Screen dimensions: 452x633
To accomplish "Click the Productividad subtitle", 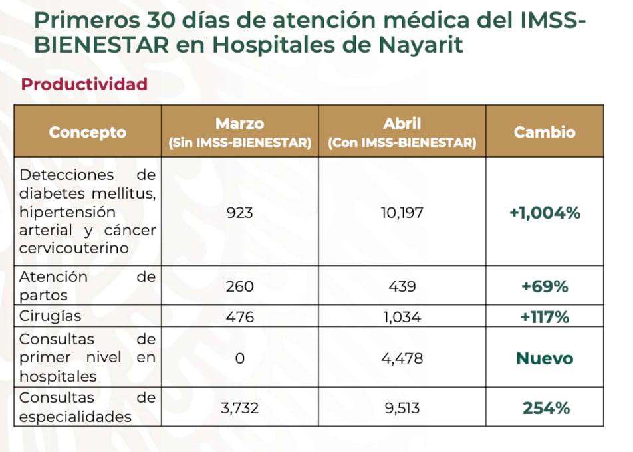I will tap(84, 85).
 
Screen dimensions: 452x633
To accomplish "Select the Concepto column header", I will tap(87, 132).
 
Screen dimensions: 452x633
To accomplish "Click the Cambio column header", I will tap(545, 132).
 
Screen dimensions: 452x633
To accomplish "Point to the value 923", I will tap(240, 213).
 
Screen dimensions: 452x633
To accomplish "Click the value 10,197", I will tap(402, 213).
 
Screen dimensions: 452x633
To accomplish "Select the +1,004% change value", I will tap(545, 213).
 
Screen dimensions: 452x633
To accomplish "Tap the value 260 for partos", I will tap(240, 286).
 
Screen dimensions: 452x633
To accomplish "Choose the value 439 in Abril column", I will tap(402, 286).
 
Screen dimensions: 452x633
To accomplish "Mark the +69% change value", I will tap(545, 286).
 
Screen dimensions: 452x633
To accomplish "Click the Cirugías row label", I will tap(51, 317).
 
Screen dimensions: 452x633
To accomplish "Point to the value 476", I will tap(240, 317).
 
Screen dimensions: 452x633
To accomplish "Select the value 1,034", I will tap(402, 317).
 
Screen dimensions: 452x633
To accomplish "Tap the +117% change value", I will tap(545, 317).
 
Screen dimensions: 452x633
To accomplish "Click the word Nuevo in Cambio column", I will tap(545, 358).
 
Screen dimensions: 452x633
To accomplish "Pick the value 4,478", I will tap(402, 358).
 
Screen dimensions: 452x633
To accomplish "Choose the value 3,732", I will tap(240, 407).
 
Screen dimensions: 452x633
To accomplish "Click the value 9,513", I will tap(402, 407).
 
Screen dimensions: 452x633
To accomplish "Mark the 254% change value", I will tap(545, 408).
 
